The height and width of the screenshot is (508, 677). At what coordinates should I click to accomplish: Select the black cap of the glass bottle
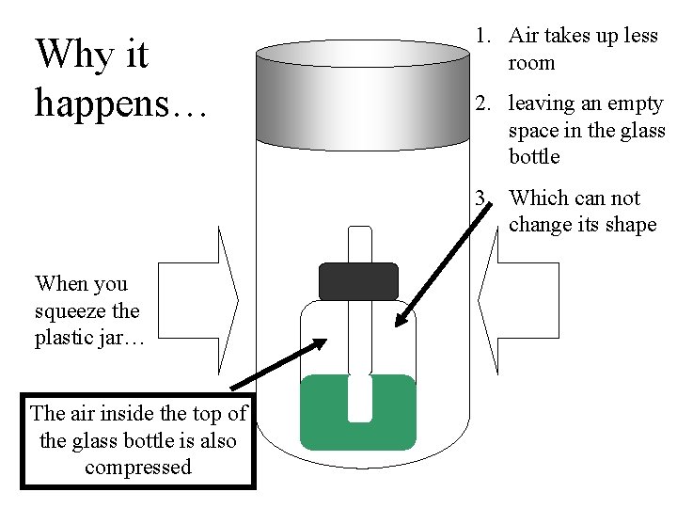click(358, 281)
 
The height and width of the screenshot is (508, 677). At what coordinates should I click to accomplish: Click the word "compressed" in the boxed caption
click(138, 467)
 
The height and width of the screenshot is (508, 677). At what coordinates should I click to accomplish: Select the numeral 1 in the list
click(480, 36)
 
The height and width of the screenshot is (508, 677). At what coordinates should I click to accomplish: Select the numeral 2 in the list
click(480, 103)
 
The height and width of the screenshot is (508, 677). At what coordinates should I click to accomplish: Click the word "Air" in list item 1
click(524, 36)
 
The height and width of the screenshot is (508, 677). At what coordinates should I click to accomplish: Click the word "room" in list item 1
click(532, 63)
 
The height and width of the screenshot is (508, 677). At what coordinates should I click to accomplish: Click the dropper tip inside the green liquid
click(359, 400)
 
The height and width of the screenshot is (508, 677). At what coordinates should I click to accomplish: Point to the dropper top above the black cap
click(359, 244)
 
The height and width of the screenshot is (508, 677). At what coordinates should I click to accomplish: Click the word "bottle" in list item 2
click(534, 156)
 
